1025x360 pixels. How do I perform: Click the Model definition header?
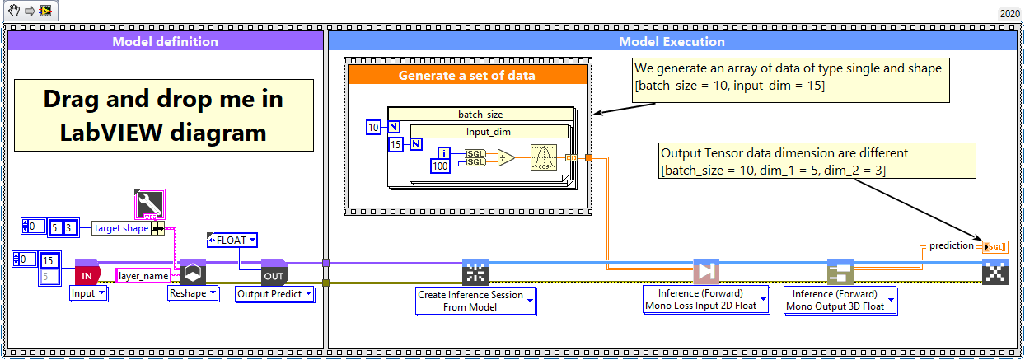tap(165, 41)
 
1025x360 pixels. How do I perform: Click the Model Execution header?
tap(672, 41)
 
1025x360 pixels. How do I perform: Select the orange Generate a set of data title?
tap(467, 76)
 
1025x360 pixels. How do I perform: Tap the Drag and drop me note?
tap(163, 115)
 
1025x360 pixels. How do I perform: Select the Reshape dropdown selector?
tap(193, 292)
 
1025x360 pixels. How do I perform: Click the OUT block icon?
tap(274, 273)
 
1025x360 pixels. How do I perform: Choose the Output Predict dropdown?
tap(275, 293)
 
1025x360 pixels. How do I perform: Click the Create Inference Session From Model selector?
tap(475, 301)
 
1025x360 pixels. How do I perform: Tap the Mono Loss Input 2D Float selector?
tap(706, 301)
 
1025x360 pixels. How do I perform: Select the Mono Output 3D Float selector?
tap(840, 301)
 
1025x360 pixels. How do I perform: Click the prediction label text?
tap(951, 245)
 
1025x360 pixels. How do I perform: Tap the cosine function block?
tap(544, 157)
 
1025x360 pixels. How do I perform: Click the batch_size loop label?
tap(480, 115)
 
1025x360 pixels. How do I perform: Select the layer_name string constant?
tap(143, 275)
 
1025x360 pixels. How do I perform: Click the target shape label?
tap(120, 228)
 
